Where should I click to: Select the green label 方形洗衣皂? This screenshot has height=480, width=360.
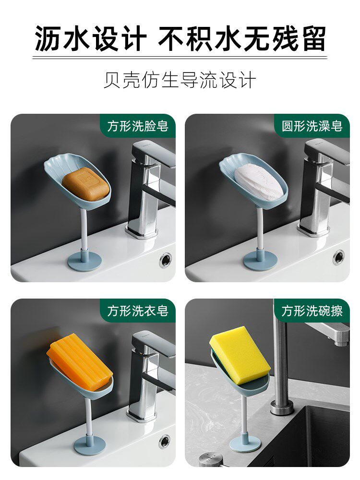138,311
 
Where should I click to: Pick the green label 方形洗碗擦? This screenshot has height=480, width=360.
312,311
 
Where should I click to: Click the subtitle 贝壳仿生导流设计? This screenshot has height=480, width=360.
180,80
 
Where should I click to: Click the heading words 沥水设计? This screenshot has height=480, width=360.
90,39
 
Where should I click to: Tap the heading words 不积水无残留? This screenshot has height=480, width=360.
242,39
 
